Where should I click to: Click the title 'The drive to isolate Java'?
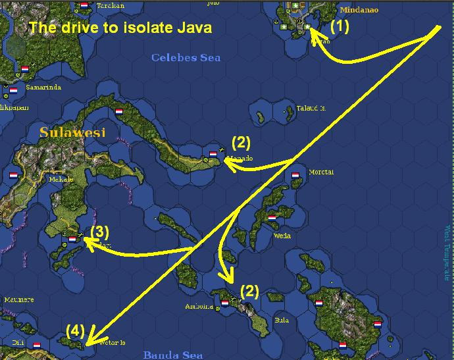(x=120, y=28)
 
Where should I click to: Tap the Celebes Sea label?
(x=186, y=58)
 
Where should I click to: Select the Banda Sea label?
(x=172, y=355)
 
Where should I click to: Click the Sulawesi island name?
(x=72, y=132)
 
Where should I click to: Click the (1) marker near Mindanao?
(x=339, y=27)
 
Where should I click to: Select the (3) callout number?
(x=99, y=232)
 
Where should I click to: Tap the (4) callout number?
(x=75, y=330)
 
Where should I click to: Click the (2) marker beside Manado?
(x=241, y=141)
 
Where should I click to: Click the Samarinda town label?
(x=43, y=86)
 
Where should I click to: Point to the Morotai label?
(x=320, y=172)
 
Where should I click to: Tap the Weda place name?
(x=282, y=235)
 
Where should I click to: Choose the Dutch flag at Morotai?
(x=295, y=176)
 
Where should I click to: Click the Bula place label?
(x=263, y=320)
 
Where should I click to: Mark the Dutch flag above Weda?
(x=272, y=218)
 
